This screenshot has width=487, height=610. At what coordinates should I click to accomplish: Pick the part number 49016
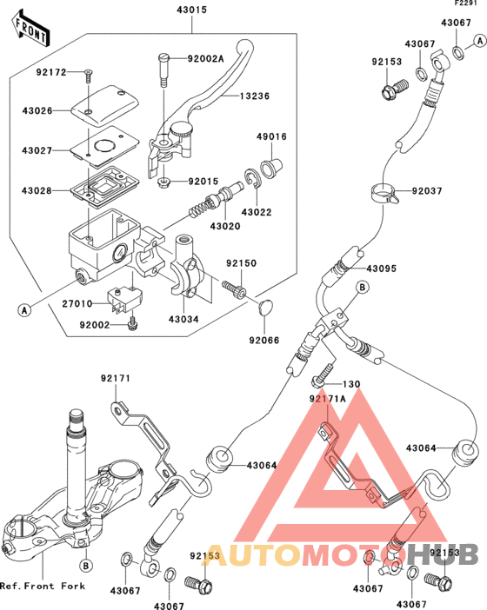pos(270,136)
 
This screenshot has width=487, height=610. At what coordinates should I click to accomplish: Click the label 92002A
pos(205,58)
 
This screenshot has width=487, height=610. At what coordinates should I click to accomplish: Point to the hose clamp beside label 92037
pos(383,191)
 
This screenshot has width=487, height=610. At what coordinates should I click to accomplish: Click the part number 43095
pos(381,269)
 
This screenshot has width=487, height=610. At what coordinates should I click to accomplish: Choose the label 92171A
pos(329,398)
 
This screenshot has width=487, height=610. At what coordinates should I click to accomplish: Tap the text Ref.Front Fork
pos(43,587)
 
